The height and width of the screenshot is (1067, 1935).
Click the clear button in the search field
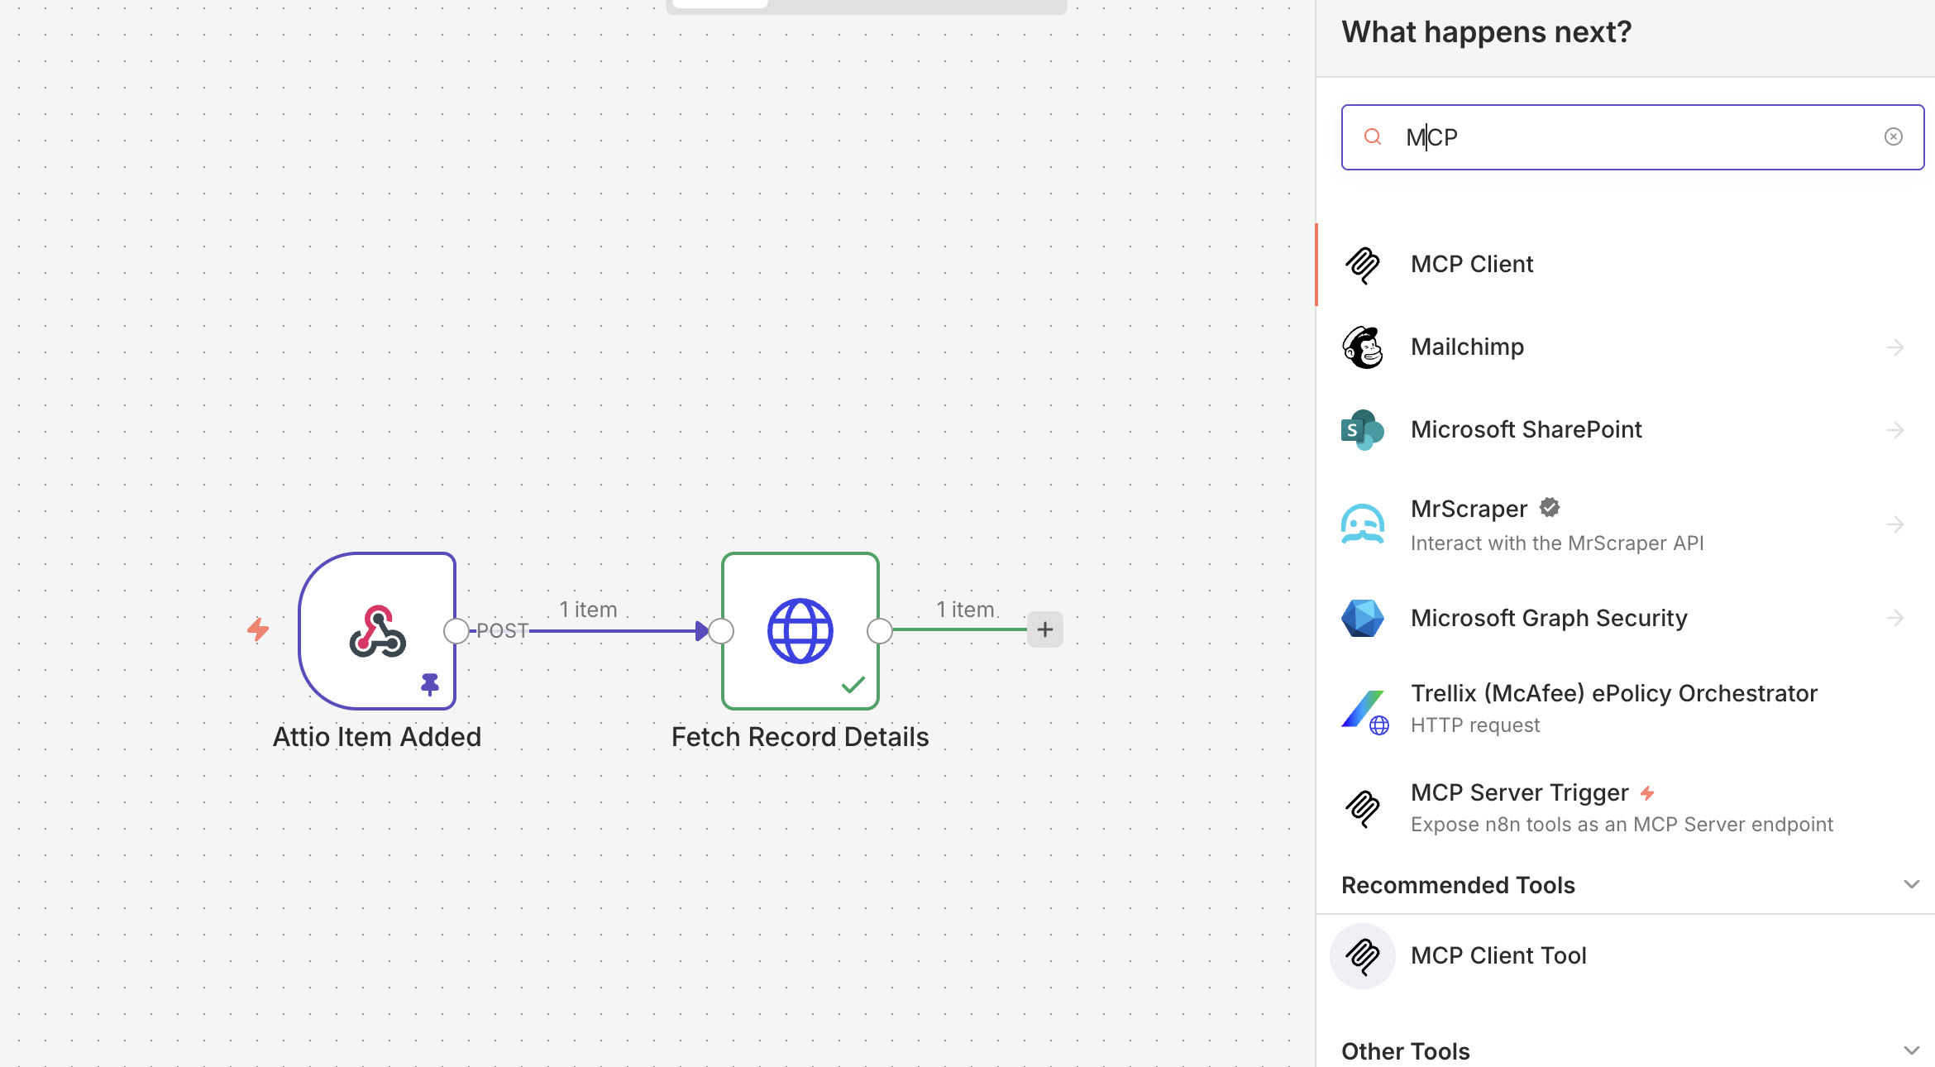1893,136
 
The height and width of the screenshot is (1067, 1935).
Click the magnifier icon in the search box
1373,136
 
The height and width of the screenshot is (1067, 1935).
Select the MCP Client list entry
1472,265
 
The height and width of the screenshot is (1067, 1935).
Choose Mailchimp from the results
1467,347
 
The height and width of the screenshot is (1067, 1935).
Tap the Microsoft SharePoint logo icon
1362,430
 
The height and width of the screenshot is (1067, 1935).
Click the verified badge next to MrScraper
1550,508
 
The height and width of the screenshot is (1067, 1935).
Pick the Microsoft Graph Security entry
1548,618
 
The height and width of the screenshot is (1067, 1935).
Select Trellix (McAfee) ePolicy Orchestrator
1612,694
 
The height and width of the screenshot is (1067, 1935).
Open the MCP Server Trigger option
1519,793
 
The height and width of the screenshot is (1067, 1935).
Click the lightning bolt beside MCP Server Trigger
1647,793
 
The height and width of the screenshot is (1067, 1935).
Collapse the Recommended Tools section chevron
1911,884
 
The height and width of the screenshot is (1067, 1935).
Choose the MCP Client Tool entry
1498,956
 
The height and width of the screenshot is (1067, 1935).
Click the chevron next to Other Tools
1911,1050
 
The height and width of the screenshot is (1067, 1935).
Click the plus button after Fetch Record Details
1045,629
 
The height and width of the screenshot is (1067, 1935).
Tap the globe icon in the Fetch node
800,631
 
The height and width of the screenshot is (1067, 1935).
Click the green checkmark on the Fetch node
853,685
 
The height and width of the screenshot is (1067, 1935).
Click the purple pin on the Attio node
430,684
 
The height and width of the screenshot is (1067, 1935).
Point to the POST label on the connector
502,631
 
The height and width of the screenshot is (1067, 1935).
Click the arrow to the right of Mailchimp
1894,347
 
